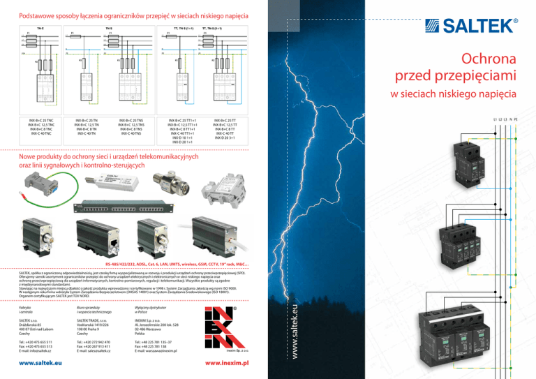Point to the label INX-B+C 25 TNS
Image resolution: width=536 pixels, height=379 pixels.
(x=132, y=120)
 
